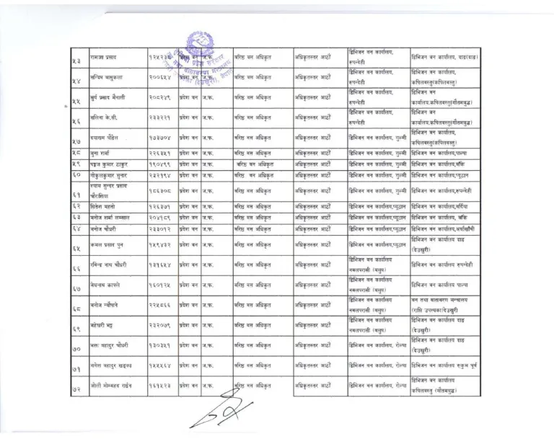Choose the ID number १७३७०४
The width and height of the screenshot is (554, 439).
click(160, 136)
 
